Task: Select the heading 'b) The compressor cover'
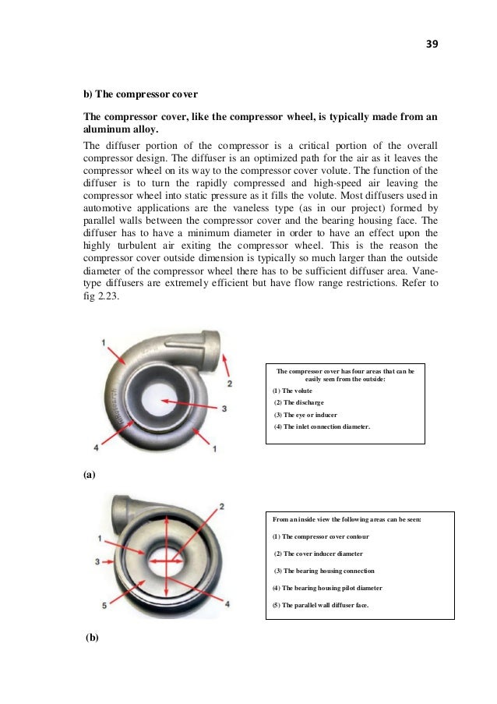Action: pyautogui.click(x=140, y=94)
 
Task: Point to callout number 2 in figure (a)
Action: pyautogui.click(x=230, y=384)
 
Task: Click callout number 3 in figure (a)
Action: pyautogui.click(x=224, y=408)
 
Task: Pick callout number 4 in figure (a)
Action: pyautogui.click(x=97, y=448)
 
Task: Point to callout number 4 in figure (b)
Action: pyautogui.click(x=227, y=603)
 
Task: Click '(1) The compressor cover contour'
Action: pyautogui.click(x=321, y=536)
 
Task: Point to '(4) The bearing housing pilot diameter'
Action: pyautogui.click(x=328, y=587)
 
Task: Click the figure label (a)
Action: pyautogui.click(x=89, y=474)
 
